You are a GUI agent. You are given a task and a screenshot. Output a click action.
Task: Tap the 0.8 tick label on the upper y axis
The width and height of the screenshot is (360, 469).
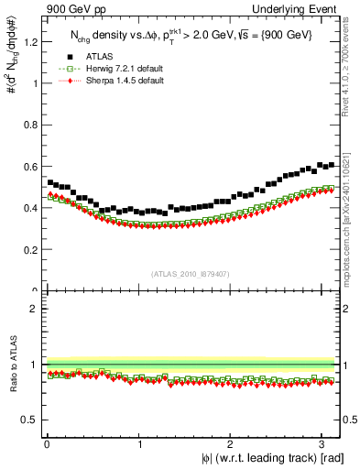[x=33, y=125]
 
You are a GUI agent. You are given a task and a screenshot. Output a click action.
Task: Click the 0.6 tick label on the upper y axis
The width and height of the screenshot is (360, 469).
[x=33, y=166]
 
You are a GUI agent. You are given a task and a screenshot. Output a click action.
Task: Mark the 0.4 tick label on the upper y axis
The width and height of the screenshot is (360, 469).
[x=33, y=208]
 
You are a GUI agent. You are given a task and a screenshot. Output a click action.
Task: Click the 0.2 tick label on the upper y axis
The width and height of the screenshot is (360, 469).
[x=33, y=249]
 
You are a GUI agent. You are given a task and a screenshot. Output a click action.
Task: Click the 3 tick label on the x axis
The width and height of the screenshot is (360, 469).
[x=323, y=443]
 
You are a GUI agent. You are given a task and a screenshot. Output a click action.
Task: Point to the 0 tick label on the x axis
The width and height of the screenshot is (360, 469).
[x=47, y=443]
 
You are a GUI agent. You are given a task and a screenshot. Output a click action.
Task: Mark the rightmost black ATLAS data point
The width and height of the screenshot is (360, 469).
[x=331, y=165]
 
